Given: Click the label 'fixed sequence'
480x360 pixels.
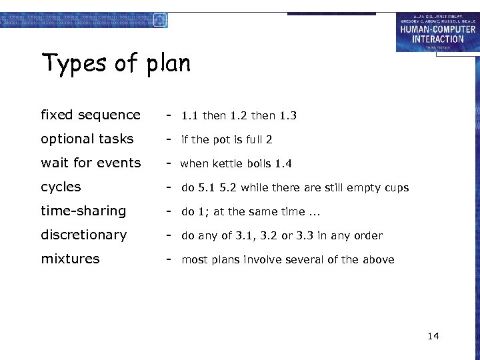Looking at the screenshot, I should (91, 115).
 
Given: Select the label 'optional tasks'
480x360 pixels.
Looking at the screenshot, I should (87, 139).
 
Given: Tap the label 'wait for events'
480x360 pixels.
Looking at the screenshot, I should (91, 163).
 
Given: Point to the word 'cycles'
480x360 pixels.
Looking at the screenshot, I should (61, 187).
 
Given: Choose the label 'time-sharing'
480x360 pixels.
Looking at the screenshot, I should (83, 211).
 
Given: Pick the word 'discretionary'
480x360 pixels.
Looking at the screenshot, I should (83, 235).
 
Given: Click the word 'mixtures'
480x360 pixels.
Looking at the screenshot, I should (70, 259).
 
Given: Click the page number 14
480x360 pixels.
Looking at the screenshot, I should (433, 336).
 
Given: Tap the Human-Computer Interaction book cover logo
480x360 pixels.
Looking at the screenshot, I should (437, 32).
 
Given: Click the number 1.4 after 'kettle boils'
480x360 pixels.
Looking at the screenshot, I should (283, 164).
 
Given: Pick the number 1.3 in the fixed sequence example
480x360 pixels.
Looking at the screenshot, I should (288, 116).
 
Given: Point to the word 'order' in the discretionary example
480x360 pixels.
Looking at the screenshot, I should (369, 236).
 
